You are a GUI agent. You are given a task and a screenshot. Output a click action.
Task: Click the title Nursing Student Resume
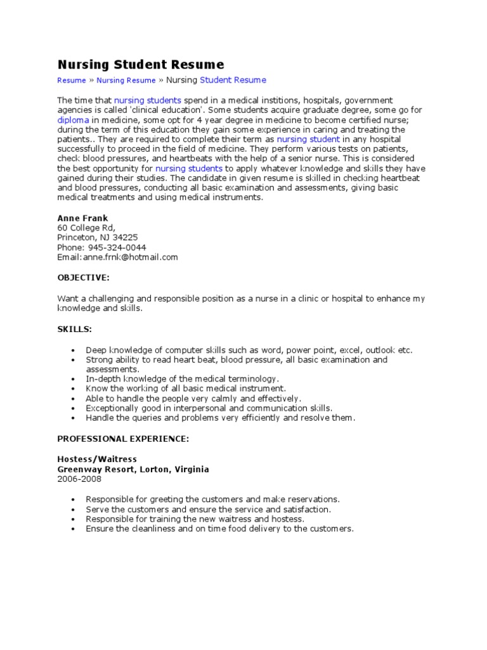point(140,64)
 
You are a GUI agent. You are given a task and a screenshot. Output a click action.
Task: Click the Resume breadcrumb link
point(71,81)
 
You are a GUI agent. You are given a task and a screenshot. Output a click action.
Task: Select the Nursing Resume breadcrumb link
point(126,81)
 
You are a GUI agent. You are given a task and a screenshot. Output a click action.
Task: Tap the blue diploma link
point(73,120)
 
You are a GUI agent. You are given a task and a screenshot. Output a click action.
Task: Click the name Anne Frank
point(82,218)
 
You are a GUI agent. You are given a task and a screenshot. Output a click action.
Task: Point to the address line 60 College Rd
point(86,228)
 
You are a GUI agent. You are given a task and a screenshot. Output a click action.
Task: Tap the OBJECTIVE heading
point(83,277)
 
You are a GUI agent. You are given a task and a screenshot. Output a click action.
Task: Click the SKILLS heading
point(74,329)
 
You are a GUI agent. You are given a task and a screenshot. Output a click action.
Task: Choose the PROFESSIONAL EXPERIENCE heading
point(123,439)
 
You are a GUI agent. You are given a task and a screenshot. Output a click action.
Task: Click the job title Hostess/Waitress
point(97,459)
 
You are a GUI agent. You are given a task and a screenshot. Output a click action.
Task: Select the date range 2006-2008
point(79,479)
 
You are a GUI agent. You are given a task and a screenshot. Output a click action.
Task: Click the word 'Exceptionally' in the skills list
point(111,408)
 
